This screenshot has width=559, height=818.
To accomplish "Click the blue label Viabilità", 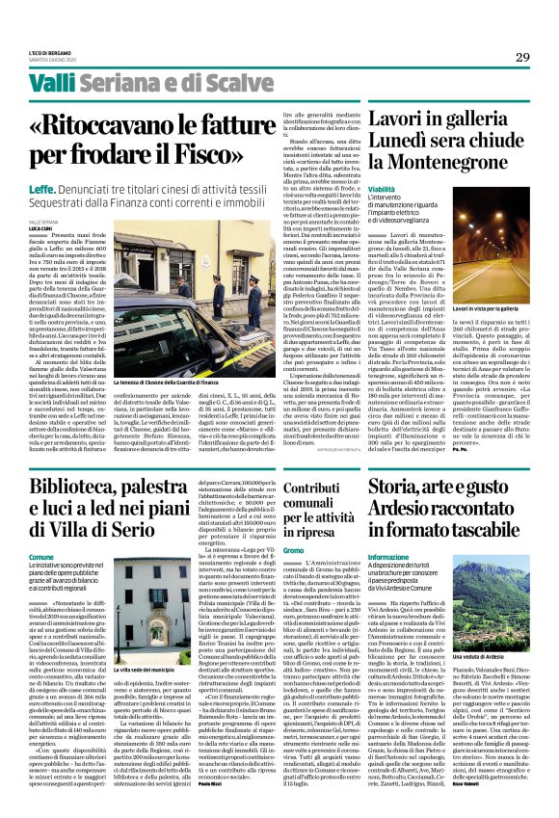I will [382, 189].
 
